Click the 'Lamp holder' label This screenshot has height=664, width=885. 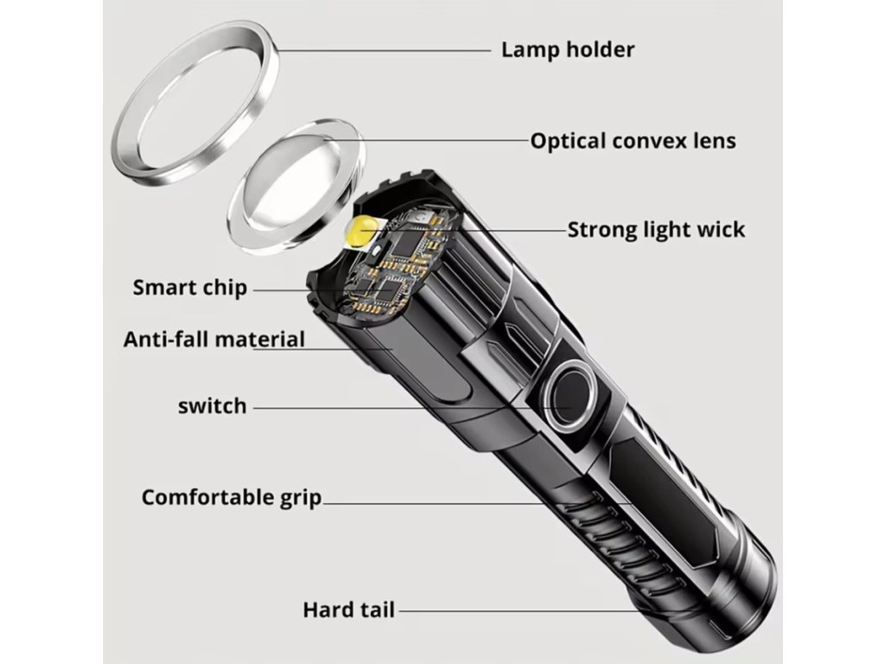pyautogui.click(x=567, y=49)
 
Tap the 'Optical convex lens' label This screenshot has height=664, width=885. pyautogui.click(x=633, y=140)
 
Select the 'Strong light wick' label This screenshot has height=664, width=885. pyautogui.click(x=656, y=230)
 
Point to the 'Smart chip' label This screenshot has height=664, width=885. pyautogui.click(x=189, y=287)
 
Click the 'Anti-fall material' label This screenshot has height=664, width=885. pyautogui.click(x=214, y=338)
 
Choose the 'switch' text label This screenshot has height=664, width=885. pyautogui.click(x=212, y=405)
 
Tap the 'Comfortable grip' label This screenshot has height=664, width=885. pyautogui.click(x=232, y=498)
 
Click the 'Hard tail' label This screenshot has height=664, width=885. pyautogui.click(x=348, y=610)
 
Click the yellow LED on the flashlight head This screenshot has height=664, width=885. pyautogui.click(x=359, y=233)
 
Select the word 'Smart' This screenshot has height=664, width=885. pyautogui.click(x=163, y=287)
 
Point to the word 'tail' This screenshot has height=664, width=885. pyautogui.click(x=375, y=610)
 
